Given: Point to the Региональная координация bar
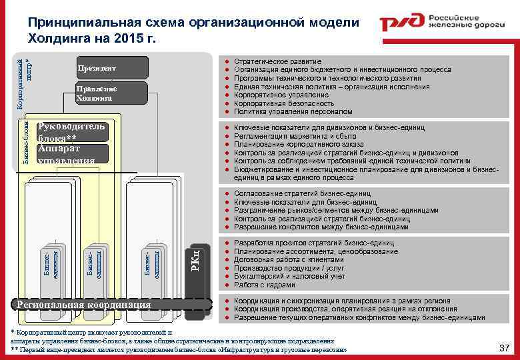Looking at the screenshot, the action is (x=83, y=305).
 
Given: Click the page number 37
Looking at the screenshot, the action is (x=504, y=347).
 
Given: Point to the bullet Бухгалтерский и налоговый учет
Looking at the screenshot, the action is (x=290, y=276).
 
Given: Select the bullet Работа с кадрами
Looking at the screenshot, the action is (x=265, y=285).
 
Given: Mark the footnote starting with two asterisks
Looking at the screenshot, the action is (x=180, y=349).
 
